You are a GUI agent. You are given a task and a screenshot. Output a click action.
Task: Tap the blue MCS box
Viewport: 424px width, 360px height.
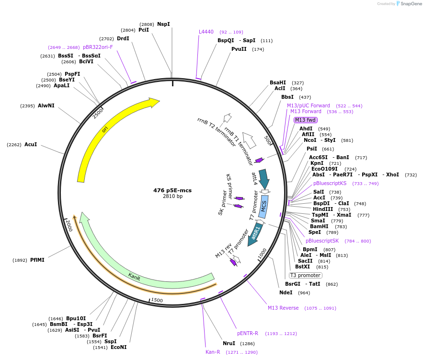(x=263, y=206)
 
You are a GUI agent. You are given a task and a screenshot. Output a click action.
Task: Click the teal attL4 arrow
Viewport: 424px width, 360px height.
(x=264, y=178)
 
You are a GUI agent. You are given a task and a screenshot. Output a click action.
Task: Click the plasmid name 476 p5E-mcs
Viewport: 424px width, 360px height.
(x=172, y=190)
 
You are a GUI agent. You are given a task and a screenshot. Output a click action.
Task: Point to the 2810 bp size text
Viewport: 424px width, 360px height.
(x=172, y=197)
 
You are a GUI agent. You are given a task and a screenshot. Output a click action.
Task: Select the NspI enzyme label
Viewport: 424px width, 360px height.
(x=163, y=24)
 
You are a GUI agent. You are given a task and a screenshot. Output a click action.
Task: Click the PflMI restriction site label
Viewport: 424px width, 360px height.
(x=37, y=260)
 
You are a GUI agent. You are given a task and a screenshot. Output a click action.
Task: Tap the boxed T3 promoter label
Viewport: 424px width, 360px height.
(x=305, y=275)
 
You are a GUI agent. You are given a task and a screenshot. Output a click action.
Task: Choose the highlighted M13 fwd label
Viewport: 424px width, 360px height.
(x=306, y=120)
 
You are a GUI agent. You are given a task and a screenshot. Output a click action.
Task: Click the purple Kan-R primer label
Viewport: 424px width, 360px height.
(x=213, y=352)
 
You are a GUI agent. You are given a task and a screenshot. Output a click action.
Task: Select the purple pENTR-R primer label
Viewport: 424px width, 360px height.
(x=248, y=333)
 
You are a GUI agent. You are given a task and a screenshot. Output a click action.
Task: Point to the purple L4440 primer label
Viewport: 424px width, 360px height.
(x=206, y=32)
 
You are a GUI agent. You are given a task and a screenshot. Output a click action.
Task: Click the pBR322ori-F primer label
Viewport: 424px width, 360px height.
(x=98, y=47)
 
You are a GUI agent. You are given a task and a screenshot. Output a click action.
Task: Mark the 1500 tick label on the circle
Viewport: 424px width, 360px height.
(x=157, y=301)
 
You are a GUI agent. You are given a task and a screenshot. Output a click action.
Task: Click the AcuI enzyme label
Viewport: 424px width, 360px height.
(x=31, y=144)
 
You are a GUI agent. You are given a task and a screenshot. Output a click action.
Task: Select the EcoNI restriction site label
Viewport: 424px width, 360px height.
(x=118, y=347)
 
